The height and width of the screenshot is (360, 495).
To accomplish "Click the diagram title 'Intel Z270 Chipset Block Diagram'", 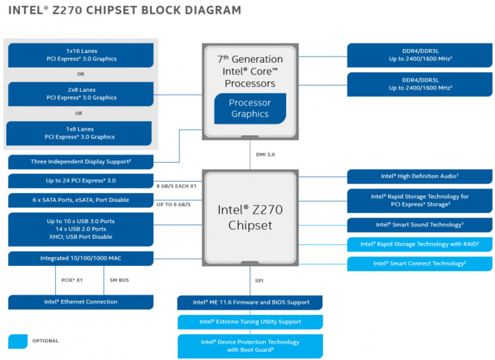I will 124,10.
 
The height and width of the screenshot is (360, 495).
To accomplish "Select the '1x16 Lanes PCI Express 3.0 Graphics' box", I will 81,55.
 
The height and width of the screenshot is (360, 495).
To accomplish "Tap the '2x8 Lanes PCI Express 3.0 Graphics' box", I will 81,94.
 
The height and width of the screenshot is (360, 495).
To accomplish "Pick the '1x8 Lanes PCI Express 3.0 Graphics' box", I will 80,133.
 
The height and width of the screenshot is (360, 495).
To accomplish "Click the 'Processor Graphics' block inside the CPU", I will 250,108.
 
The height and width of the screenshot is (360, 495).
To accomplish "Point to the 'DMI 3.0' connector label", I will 265,154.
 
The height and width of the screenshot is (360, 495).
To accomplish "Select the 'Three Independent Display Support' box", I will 80,162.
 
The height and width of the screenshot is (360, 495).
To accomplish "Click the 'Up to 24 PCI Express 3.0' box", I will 80,181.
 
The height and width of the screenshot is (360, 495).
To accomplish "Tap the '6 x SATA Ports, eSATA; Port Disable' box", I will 80,200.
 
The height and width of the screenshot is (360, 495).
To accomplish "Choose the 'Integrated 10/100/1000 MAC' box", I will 80,259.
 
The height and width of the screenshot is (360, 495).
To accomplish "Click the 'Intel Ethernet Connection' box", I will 80,302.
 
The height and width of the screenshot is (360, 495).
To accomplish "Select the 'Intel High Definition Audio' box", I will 420,176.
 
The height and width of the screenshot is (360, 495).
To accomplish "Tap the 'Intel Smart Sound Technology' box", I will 420,225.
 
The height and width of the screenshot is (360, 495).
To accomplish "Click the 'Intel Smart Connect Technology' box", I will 420,263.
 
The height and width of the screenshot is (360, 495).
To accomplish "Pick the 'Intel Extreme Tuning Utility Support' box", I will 250,321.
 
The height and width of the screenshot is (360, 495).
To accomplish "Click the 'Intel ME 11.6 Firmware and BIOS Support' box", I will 250,302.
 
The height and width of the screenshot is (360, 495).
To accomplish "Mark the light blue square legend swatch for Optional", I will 18,341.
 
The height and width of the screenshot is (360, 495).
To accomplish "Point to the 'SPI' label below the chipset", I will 260,280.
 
